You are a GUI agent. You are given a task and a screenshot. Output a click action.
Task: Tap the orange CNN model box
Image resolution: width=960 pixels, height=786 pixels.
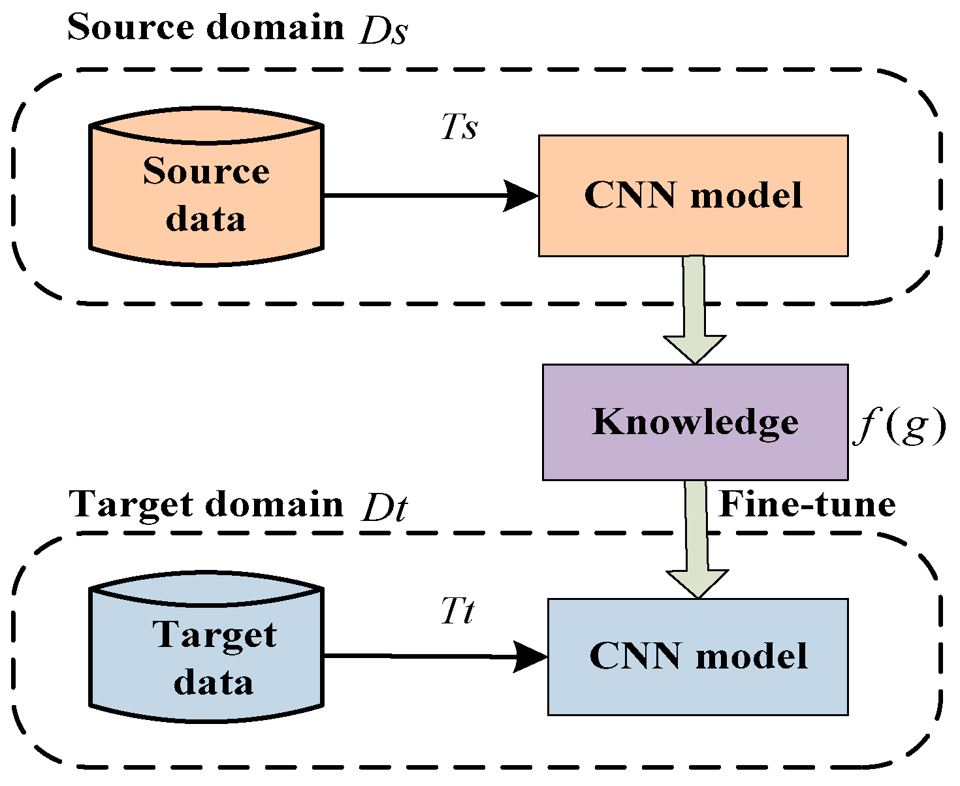(x=693, y=195)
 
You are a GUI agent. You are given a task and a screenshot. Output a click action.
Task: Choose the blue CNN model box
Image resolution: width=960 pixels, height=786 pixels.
(x=697, y=656)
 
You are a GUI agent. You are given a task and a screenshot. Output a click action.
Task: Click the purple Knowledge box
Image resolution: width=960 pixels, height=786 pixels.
(x=695, y=422)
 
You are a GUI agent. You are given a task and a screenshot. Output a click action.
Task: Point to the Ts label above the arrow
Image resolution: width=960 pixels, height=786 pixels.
(x=459, y=127)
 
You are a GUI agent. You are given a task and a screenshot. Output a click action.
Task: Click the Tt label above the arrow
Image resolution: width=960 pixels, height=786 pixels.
(x=457, y=612)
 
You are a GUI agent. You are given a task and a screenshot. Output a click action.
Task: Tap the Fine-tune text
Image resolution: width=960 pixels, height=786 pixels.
(x=807, y=505)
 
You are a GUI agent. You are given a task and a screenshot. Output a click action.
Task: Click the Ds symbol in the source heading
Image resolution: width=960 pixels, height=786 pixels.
(x=383, y=31)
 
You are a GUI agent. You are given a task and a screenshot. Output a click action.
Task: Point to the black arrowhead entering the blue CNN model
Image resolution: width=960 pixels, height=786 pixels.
(x=530, y=656)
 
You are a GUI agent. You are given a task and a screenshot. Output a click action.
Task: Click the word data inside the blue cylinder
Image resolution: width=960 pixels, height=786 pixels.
(x=214, y=682)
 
